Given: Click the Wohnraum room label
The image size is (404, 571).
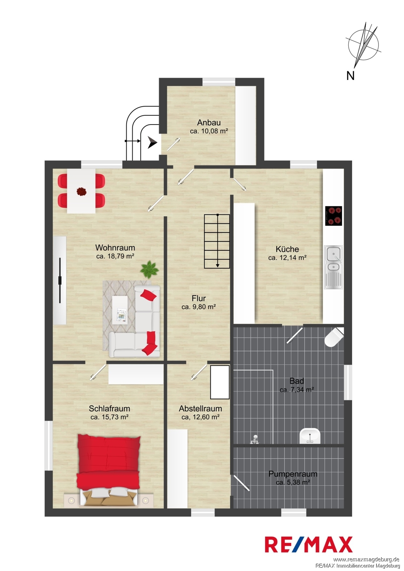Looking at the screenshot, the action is click(x=115, y=247).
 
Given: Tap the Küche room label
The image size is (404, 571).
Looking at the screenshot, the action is click(x=287, y=249).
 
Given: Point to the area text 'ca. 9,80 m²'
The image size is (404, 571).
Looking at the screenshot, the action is click(x=199, y=307).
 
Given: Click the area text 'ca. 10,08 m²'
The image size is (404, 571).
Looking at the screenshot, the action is click(x=209, y=131).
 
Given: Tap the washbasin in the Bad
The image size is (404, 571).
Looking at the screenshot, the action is click(x=310, y=436).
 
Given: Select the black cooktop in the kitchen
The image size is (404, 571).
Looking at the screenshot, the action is click(x=333, y=216).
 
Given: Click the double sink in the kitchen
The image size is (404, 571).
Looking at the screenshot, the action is click(x=333, y=267).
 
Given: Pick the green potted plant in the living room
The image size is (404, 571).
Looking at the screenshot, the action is click(x=149, y=270).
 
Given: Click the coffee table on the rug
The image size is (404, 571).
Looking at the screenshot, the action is click(x=120, y=310).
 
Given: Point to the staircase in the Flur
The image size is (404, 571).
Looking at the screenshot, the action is click(x=217, y=241).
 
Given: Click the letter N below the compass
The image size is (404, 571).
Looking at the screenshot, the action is click(x=350, y=75).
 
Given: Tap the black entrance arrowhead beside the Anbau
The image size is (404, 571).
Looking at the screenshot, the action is click(x=152, y=142).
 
